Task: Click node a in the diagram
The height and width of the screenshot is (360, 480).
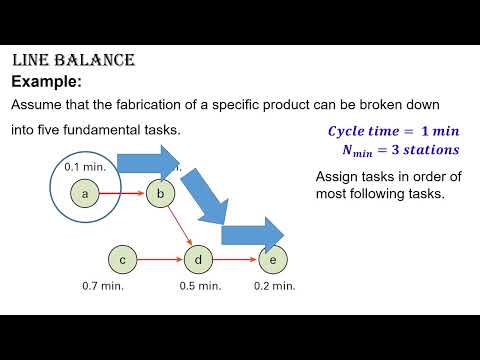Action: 86,194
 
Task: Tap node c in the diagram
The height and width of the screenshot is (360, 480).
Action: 122,260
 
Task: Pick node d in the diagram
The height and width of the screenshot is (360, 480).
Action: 199,260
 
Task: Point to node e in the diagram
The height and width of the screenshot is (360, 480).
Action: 271,260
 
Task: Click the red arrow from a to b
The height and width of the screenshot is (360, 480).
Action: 123,194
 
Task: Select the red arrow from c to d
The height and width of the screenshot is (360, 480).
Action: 160,260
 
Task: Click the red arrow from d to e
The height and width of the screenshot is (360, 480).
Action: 235,260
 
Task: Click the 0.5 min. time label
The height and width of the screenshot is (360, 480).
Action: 200,286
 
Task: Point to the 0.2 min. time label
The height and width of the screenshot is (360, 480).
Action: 273,286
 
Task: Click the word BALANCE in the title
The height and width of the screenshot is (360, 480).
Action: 96,61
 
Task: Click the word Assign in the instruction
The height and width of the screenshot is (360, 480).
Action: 336,177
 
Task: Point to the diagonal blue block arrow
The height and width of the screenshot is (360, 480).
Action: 207,196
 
